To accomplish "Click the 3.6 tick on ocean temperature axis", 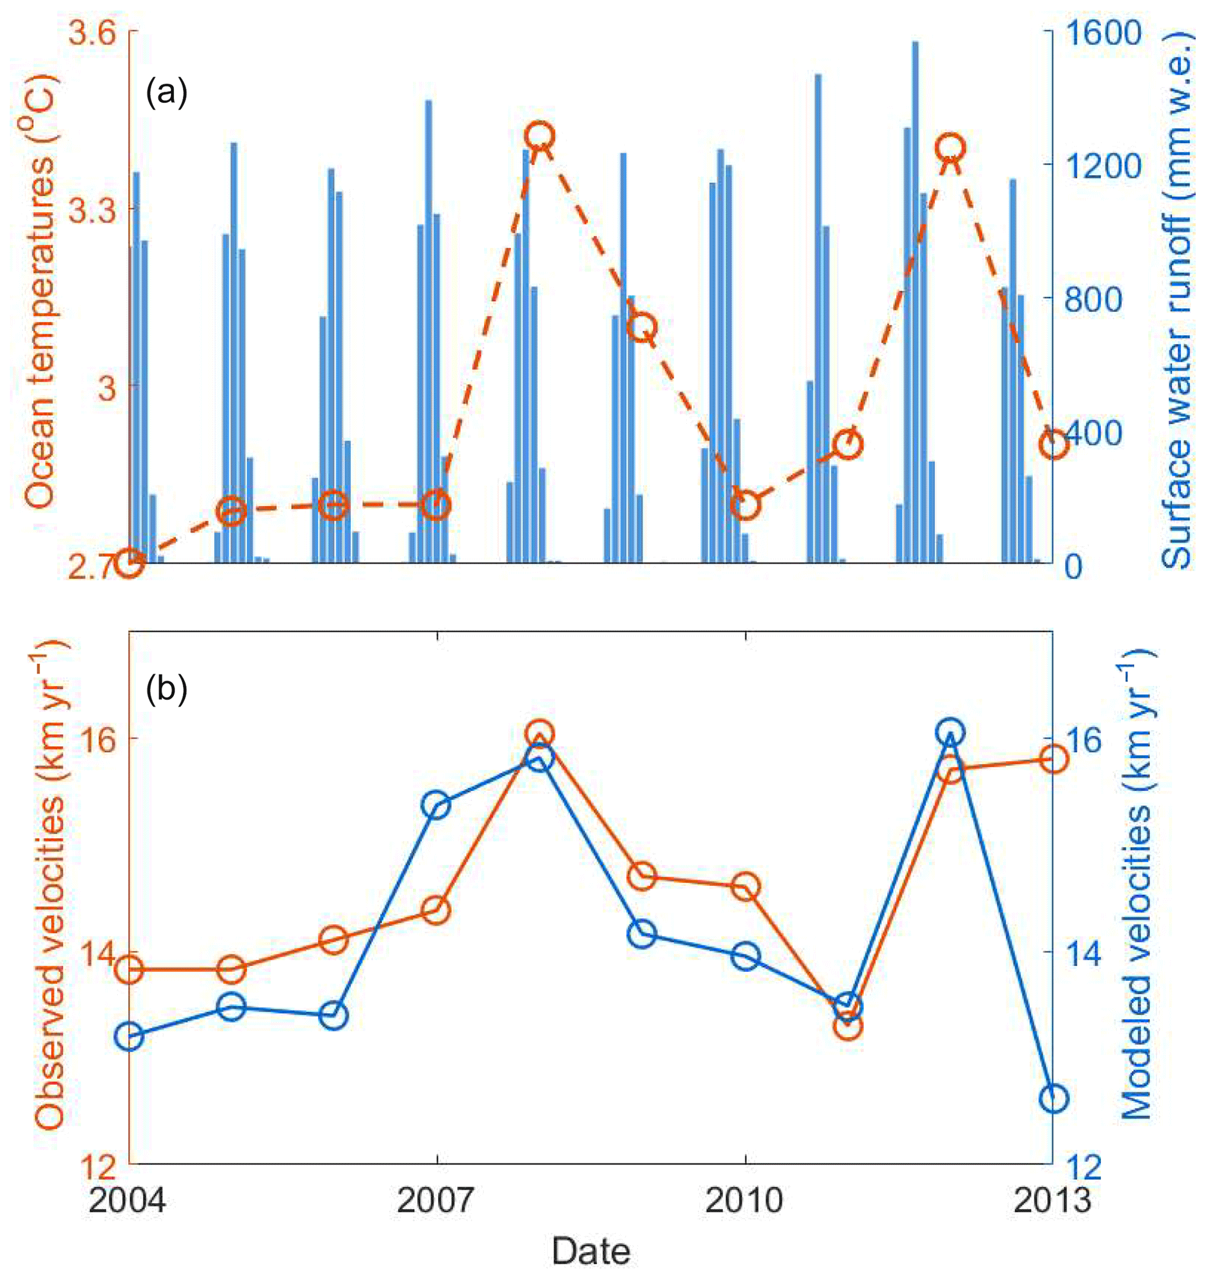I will [x=94, y=33].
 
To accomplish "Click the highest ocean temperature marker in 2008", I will [x=540, y=136].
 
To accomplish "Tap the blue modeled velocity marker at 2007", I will [x=437, y=806].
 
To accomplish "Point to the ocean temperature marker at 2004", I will [x=130, y=563].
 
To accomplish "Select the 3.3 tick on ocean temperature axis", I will [x=94, y=210].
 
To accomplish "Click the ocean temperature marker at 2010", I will [x=746, y=505].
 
